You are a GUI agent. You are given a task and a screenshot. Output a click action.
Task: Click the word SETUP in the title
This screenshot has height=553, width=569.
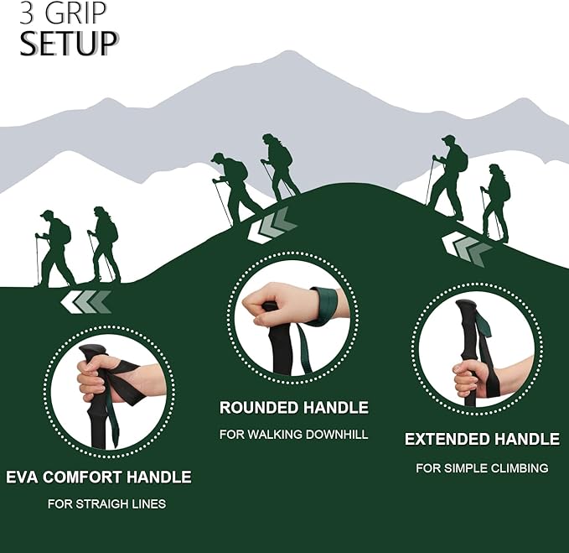[66, 44]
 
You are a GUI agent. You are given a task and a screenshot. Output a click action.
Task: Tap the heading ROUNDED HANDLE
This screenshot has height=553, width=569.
[293, 408]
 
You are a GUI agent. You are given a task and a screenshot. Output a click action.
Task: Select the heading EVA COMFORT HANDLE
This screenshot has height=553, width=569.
[99, 477]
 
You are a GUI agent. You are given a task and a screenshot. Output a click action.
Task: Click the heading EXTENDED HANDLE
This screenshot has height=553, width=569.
[482, 439]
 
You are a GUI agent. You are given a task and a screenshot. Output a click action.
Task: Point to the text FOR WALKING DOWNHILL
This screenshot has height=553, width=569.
[293, 435]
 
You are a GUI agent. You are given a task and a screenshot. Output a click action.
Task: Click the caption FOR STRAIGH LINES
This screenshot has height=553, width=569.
[106, 504]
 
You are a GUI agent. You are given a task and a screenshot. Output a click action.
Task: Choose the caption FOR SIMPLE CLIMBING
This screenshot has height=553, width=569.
[482, 467]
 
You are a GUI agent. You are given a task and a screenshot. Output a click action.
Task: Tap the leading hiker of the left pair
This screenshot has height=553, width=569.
[104, 243]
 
